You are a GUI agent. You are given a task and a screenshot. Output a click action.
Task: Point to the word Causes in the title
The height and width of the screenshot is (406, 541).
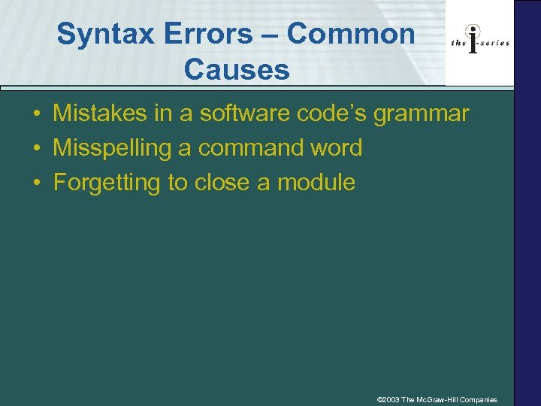pyautogui.click(x=236, y=70)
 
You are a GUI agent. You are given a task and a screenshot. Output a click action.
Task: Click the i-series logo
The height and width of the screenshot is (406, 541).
pyautogui.click(x=480, y=42)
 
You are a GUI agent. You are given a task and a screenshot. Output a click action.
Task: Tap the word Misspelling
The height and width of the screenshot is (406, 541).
pyautogui.click(x=112, y=149)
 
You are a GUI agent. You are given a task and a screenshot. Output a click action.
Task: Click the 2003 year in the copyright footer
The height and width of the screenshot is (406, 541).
pyautogui.click(x=391, y=399)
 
